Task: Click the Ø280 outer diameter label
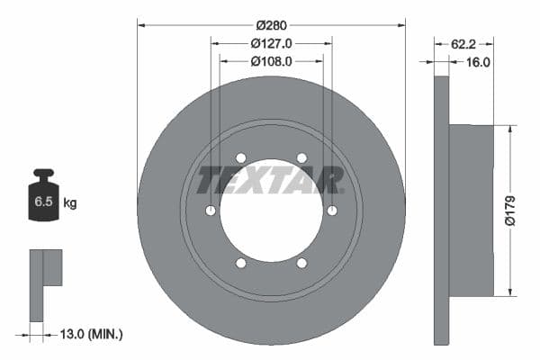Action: coord(271,25)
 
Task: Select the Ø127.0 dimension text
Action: coord(271,43)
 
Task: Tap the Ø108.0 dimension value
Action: coord(271,62)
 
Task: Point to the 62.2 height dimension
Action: coord(463,43)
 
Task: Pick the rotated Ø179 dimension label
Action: coord(508,211)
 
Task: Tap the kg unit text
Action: coord(70,203)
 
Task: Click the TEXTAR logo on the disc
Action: coord(271,180)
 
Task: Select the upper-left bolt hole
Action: coord(240,158)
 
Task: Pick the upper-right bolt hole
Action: coord(301,158)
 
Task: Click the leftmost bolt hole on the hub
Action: coord(211,211)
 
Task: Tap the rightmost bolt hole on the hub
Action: coord(332,211)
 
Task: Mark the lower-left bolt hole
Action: coord(240,263)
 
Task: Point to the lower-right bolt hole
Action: coord(301,263)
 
